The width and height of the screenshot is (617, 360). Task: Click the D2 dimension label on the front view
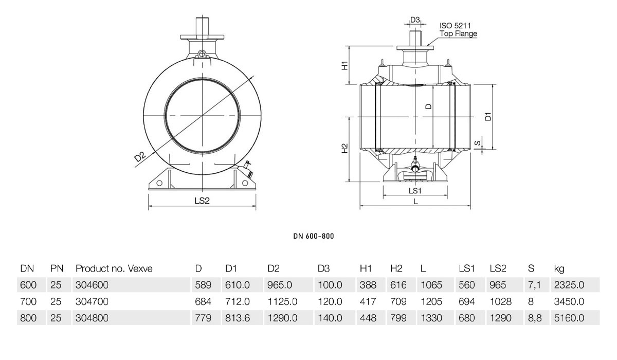pyautogui.click(x=140, y=157)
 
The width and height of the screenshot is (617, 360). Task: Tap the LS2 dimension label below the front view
pyautogui.click(x=202, y=201)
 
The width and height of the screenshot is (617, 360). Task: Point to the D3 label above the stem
pyautogui.click(x=415, y=20)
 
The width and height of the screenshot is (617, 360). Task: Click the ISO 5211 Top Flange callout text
pyautogui.click(x=458, y=30)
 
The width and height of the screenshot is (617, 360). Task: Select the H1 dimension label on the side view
pyautogui.click(x=345, y=65)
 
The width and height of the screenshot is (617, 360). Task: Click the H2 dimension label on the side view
pyautogui.click(x=345, y=149)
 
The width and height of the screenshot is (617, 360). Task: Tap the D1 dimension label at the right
pyautogui.click(x=488, y=117)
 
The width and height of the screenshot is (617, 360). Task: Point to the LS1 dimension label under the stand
pyautogui.click(x=415, y=191)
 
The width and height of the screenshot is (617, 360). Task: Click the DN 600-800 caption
pyautogui.click(x=314, y=236)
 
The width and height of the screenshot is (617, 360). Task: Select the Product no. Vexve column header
pyautogui.click(x=114, y=268)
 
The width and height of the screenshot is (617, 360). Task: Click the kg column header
pyautogui.click(x=559, y=269)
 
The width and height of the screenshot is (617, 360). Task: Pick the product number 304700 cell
pyautogui.click(x=92, y=301)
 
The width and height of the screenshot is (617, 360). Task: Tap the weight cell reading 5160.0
pyautogui.click(x=569, y=318)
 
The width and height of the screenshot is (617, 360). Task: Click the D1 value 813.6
pyautogui.click(x=238, y=318)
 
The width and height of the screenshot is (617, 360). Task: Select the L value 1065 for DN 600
pyautogui.click(x=431, y=285)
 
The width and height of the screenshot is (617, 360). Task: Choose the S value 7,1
pyautogui.click(x=534, y=285)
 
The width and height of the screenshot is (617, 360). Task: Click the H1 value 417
pyautogui.click(x=368, y=301)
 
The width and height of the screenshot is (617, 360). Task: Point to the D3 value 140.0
pyautogui.click(x=330, y=318)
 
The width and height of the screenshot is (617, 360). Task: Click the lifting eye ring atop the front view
pyautogui.click(x=202, y=53)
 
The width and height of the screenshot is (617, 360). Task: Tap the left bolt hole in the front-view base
pyautogui.click(x=159, y=183)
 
